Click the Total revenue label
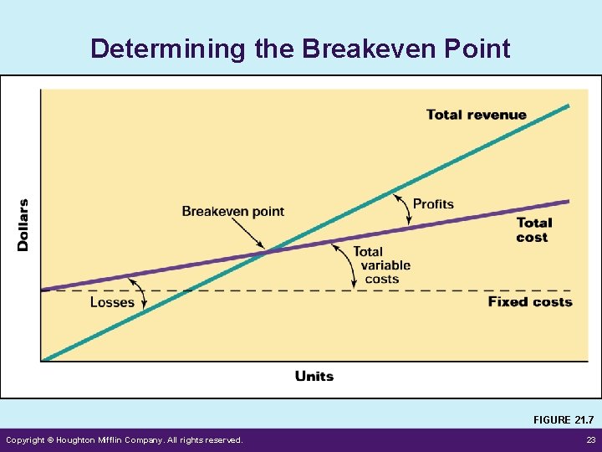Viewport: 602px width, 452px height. click(476, 115)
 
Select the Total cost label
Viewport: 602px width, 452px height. click(533, 230)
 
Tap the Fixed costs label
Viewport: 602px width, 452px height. click(530, 301)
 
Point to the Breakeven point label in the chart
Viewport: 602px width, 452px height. click(232, 211)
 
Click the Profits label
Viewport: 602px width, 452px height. click(433, 204)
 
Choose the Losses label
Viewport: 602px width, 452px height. click(112, 302)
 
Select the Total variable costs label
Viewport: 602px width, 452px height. click(381, 265)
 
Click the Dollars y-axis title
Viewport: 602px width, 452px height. click(23, 224)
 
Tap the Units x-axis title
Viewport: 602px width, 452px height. click(314, 376)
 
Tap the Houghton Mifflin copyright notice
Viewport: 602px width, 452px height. click(125, 440)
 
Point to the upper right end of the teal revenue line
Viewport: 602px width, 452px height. click(568, 105)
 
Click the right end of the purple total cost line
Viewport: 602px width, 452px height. click(568, 201)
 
